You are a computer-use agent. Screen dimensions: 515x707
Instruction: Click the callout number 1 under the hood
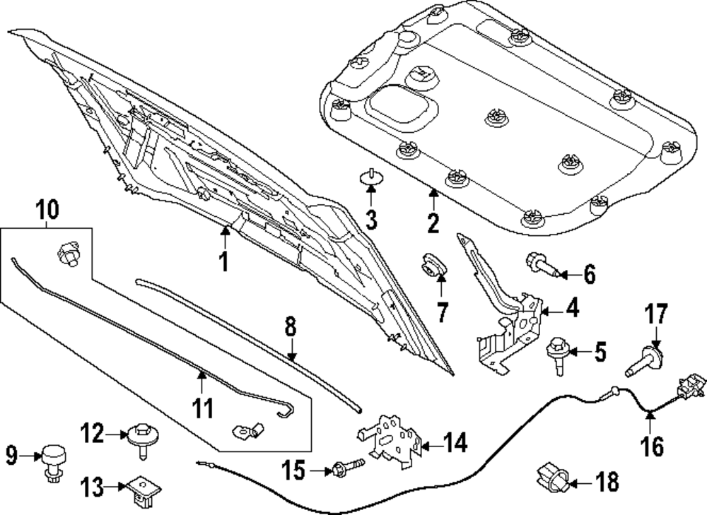[223, 262]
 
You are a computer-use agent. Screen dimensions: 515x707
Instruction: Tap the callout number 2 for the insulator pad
[433, 223]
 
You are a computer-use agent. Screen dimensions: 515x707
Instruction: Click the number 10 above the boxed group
[48, 210]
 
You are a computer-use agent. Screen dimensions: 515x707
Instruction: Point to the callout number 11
[203, 408]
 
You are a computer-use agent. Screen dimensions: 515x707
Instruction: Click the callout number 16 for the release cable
[652, 446]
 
